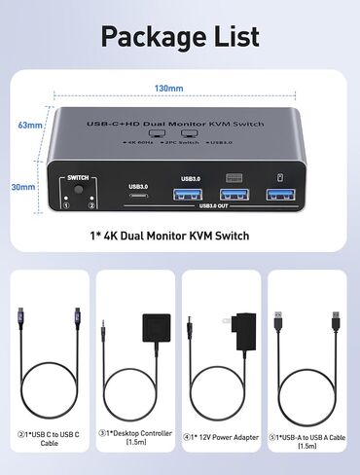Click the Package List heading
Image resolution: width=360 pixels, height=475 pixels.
(179, 37)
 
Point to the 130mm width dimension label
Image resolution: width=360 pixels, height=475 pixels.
(168, 88)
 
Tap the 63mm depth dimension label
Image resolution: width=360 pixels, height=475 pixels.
(31, 126)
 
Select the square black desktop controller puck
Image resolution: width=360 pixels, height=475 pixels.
(154, 328)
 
